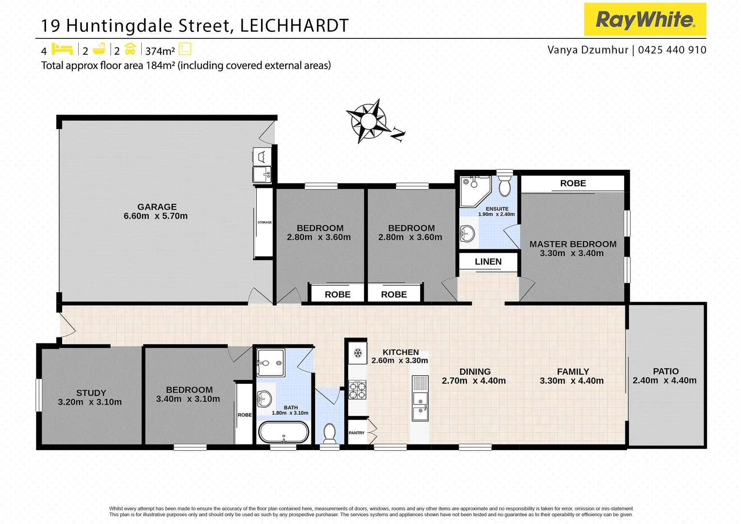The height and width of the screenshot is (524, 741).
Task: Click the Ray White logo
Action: (644, 19)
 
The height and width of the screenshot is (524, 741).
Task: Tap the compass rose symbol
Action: (369, 121)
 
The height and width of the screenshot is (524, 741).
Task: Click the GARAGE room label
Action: (157, 207)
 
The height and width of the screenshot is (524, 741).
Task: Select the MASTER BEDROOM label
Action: (573, 244)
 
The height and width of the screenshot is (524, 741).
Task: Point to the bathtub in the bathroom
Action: (283, 432)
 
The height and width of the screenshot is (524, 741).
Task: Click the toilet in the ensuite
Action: (505, 186)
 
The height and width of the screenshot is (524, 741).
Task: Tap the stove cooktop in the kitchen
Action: (357, 390)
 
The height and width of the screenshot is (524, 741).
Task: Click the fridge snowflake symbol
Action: (358, 353)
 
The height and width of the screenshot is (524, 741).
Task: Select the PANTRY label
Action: (356, 433)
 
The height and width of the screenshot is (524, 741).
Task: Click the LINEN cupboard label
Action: (488, 262)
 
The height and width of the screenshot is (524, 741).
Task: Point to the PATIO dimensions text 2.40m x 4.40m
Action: (664, 380)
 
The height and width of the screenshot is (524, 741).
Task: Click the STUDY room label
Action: (91, 393)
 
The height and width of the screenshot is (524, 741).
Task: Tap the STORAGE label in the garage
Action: (264, 222)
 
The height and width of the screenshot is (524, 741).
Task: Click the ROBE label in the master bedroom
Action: (573, 183)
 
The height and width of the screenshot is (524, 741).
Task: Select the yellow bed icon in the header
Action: (62, 49)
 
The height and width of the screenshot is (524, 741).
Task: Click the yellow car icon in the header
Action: (130, 49)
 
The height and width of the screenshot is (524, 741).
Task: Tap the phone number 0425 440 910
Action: (672, 50)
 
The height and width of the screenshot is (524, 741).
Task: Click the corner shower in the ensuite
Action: (474, 190)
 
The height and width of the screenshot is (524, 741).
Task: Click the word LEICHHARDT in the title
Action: (294, 26)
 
